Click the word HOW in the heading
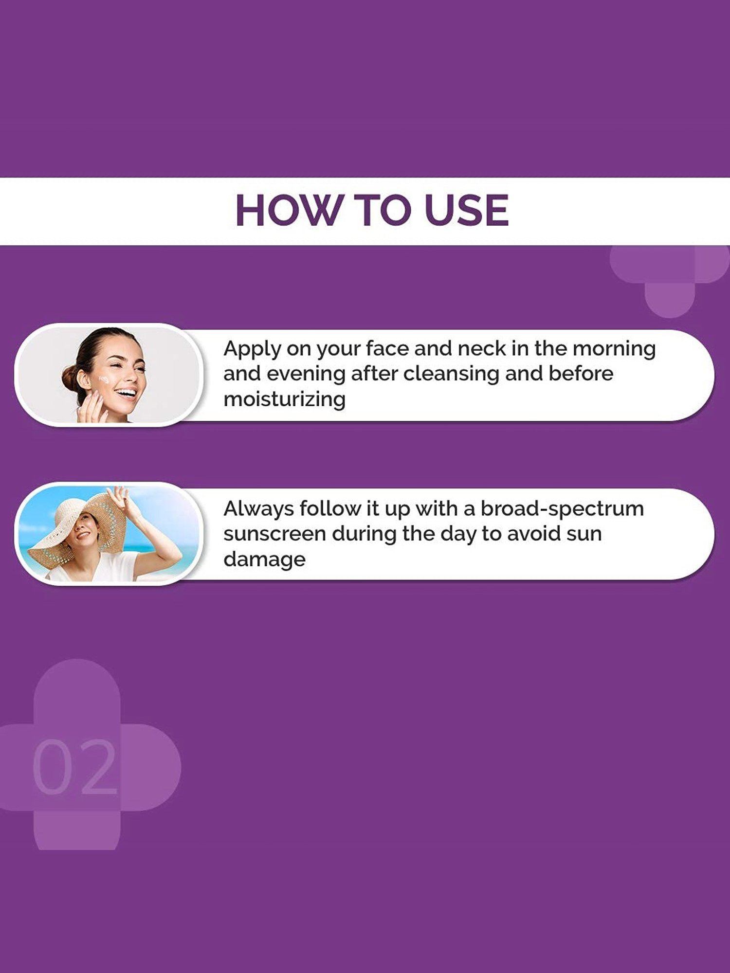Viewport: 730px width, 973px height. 288,210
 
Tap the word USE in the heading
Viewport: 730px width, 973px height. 466,210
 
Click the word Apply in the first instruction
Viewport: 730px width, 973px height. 252,349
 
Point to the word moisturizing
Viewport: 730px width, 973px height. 284,399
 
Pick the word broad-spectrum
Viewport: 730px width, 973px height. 562,509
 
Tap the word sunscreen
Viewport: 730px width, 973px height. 274,534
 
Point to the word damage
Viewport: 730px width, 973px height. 264,559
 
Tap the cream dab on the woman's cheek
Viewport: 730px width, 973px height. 104,379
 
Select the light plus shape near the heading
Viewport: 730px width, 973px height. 670,280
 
